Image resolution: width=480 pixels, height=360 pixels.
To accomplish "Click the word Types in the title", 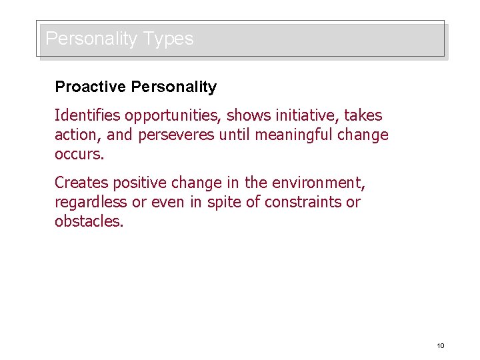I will tap(165, 39).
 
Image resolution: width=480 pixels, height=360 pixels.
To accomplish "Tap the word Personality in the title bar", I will tap(91, 39).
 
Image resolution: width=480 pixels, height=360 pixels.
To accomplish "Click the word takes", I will tap(363, 115).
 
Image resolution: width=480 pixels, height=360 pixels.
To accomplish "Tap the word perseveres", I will tap(176, 135).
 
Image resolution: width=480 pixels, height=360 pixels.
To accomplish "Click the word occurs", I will tap(79, 154).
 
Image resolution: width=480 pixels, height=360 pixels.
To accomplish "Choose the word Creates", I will tap(81, 182).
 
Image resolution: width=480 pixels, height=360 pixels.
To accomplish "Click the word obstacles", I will tap(89, 221).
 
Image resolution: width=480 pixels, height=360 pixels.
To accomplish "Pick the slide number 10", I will tap(440, 345).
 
